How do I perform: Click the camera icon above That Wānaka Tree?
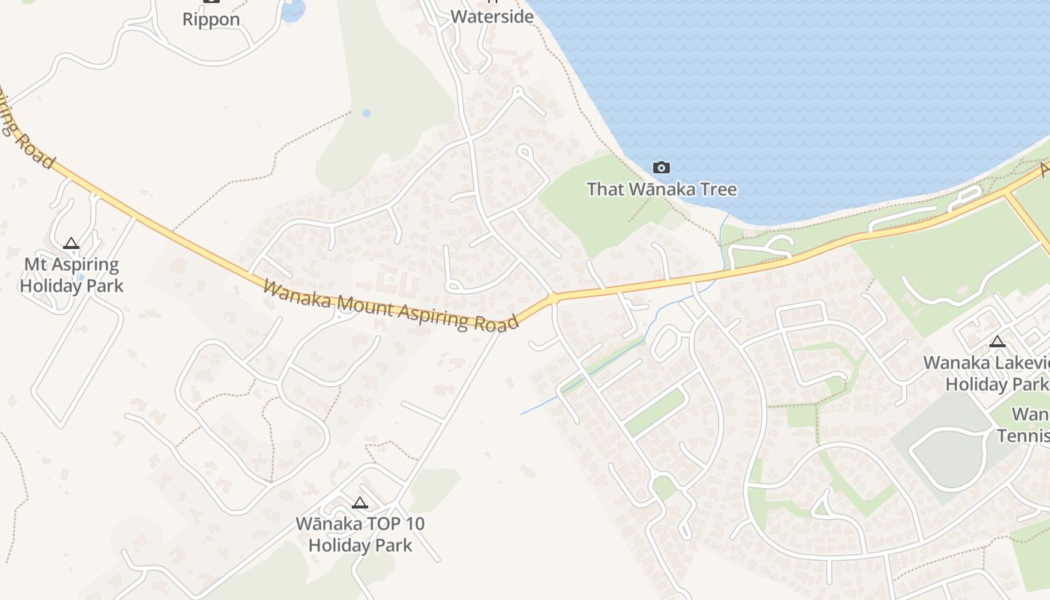click(661, 167)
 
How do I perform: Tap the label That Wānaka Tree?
click(661, 189)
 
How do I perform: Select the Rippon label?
click(211, 19)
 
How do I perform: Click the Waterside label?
click(492, 16)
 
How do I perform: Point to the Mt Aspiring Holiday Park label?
click(71, 274)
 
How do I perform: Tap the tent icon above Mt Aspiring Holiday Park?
click(71, 243)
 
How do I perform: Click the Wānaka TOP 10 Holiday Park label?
click(360, 534)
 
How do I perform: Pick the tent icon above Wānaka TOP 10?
click(360, 502)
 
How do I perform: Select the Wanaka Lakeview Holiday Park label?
click(986, 373)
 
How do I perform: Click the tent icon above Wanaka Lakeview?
click(997, 342)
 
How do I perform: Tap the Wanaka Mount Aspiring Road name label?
click(390, 305)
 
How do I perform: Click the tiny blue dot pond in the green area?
click(366, 113)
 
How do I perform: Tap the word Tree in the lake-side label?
click(715, 189)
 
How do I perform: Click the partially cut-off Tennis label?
click(1023, 436)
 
